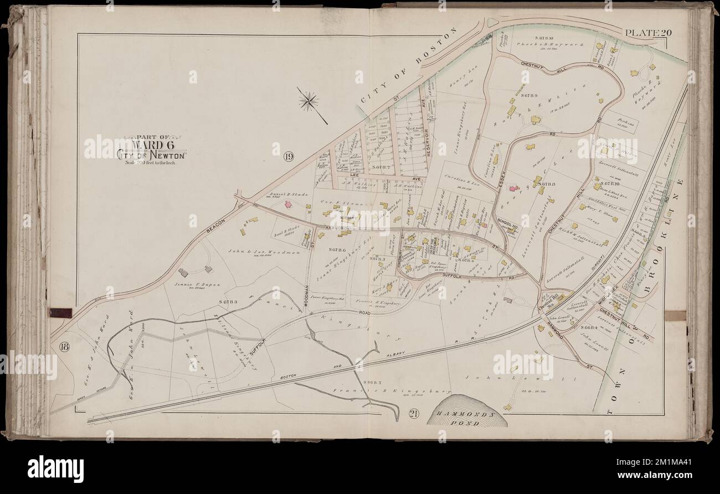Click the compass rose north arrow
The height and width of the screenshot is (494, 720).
(x=308, y=101)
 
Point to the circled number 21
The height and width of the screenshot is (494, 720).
(x=414, y=413)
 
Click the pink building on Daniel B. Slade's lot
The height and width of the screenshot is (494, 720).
(x=288, y=204)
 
